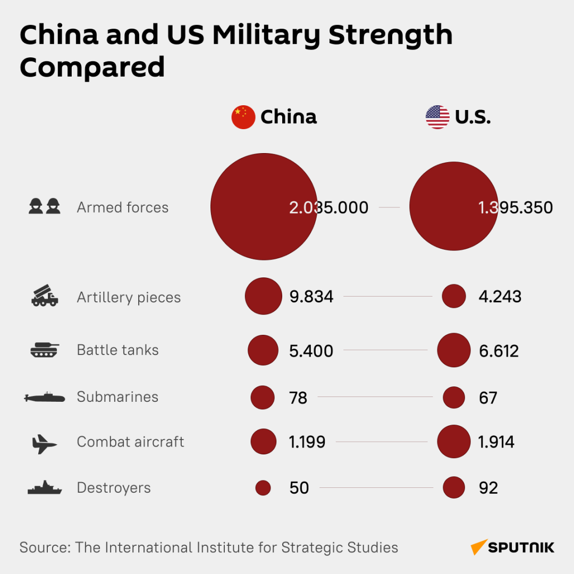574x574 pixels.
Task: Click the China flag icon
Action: [243, 117]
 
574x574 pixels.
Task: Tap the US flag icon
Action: [437, 117]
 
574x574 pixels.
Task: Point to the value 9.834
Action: [311, 297]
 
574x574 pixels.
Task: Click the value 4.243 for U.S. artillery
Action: [500, 297]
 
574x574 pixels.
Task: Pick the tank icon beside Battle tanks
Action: [45, 350]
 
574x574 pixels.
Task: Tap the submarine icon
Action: [45, 397]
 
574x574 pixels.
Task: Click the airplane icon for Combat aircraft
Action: [45, 443]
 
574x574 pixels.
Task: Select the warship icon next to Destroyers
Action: [45, 488]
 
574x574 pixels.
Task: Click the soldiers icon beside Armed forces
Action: [45, 206]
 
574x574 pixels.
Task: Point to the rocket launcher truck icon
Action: [45, 296]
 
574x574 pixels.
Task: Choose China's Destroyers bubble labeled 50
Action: [263, 488]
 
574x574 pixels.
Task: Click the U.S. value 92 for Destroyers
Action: [488, 488]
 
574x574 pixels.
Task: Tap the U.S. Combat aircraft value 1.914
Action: [496, 442]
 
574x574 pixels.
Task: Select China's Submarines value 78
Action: [299, 398]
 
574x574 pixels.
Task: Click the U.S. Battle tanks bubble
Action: [454, 350]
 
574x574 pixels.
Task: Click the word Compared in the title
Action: [92, 67]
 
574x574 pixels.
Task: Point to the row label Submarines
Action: [117, 397]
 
